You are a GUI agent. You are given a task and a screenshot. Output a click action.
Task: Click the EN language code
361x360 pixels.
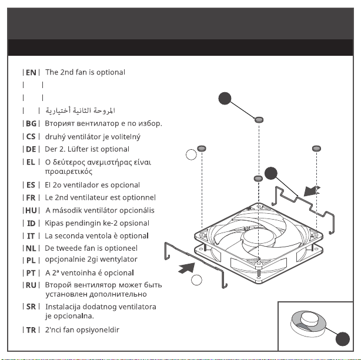coord(31,72)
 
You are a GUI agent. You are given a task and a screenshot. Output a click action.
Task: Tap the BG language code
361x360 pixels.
coord(31,123)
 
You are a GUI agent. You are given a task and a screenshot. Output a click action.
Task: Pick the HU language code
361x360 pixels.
coord(31,210)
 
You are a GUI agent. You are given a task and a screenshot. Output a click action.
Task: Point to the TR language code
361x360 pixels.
coord(31,330)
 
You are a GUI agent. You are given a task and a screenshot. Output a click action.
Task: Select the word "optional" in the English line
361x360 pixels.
coord(111,72)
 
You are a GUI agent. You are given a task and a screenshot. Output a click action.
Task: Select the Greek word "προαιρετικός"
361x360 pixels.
coord(69,171)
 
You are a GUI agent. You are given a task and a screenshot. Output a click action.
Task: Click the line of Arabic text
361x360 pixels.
coord(80,110)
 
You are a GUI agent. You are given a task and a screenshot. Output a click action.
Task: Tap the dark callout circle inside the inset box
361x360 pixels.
coord(342,339)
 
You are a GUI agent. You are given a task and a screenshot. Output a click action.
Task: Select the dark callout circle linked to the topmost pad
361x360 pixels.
coord(225,99)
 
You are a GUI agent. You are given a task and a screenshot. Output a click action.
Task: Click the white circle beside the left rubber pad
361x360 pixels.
coord(191,154)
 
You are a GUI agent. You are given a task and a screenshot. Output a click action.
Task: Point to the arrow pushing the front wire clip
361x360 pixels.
coord(186,268)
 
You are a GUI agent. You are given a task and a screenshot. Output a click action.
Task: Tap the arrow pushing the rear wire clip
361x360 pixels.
coord(312,191)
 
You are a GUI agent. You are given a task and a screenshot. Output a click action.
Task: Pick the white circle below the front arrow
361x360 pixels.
coord(196,280)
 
